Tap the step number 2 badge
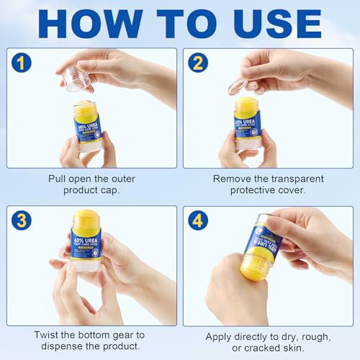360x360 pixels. tap(197, 62)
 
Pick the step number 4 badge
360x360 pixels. tap(197, 220)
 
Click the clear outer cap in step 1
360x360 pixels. tap(77, 78)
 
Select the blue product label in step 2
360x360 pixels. tap(247, 125)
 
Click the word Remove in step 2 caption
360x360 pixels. tap(230, 179)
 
